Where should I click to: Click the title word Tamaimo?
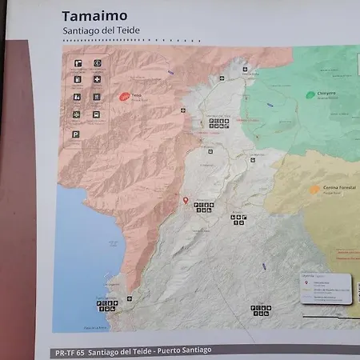(94, 17)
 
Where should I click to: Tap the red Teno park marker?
(124, 96)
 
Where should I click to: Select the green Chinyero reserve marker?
(310, 94)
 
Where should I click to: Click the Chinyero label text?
(324, 94)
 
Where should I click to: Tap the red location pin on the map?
(186, 200)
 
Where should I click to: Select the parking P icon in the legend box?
(77, 135)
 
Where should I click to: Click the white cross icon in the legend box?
(97, 79)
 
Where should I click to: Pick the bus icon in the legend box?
(97, 114)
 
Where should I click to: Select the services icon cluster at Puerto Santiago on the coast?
(106, 306)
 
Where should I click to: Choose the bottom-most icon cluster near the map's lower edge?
(261, 310)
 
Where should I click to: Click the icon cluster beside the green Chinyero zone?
(219, 123)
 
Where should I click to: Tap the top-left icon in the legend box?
(77, 62)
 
